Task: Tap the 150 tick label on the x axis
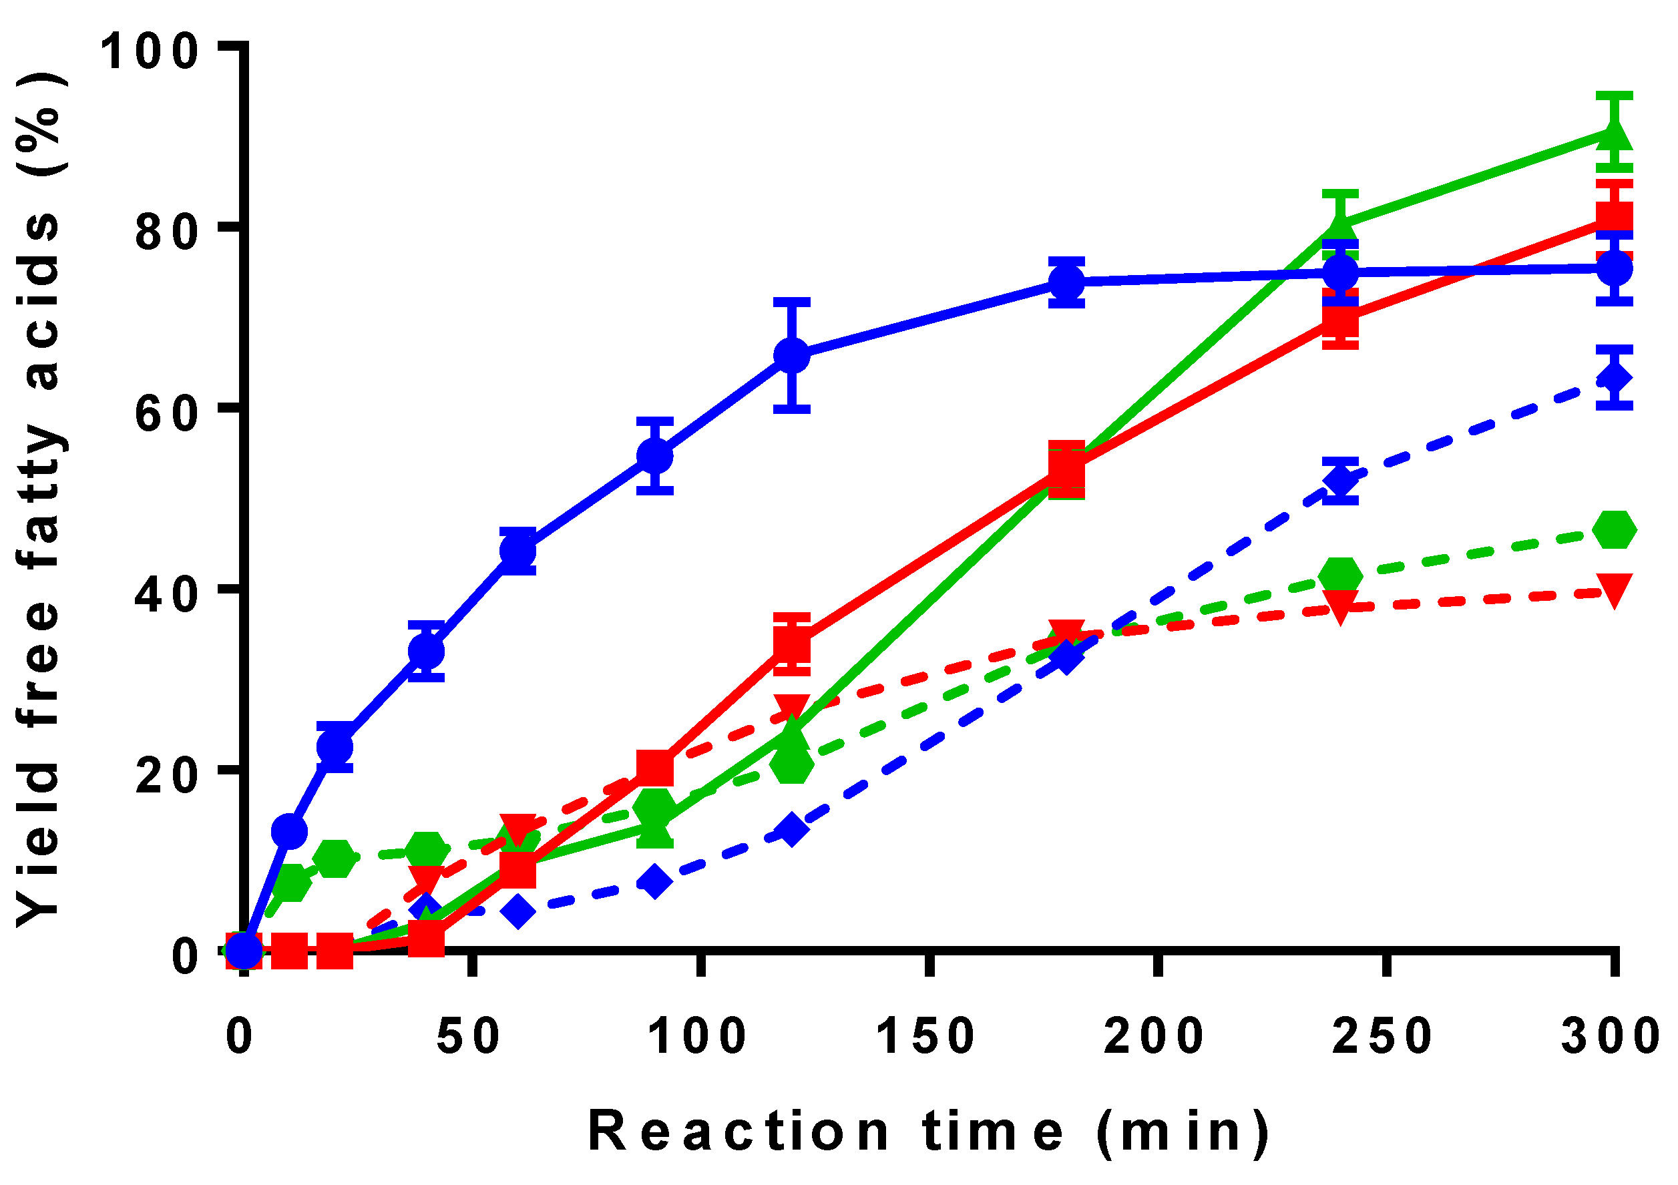tap(926, 1036)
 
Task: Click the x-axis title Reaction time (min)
tap(929, 1132)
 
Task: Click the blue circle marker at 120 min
tap(791, 356)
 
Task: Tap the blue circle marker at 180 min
tap(1066, 282)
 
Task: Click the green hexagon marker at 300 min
tap(1614, 529)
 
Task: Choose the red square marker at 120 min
tap(792, 644)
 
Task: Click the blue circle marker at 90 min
tap(655, 456)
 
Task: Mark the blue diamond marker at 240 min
tap(1340, 480)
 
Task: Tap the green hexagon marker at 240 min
tap(1340, 575)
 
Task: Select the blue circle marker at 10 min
tap(289, 831)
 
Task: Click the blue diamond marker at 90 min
tap(655, 882)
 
